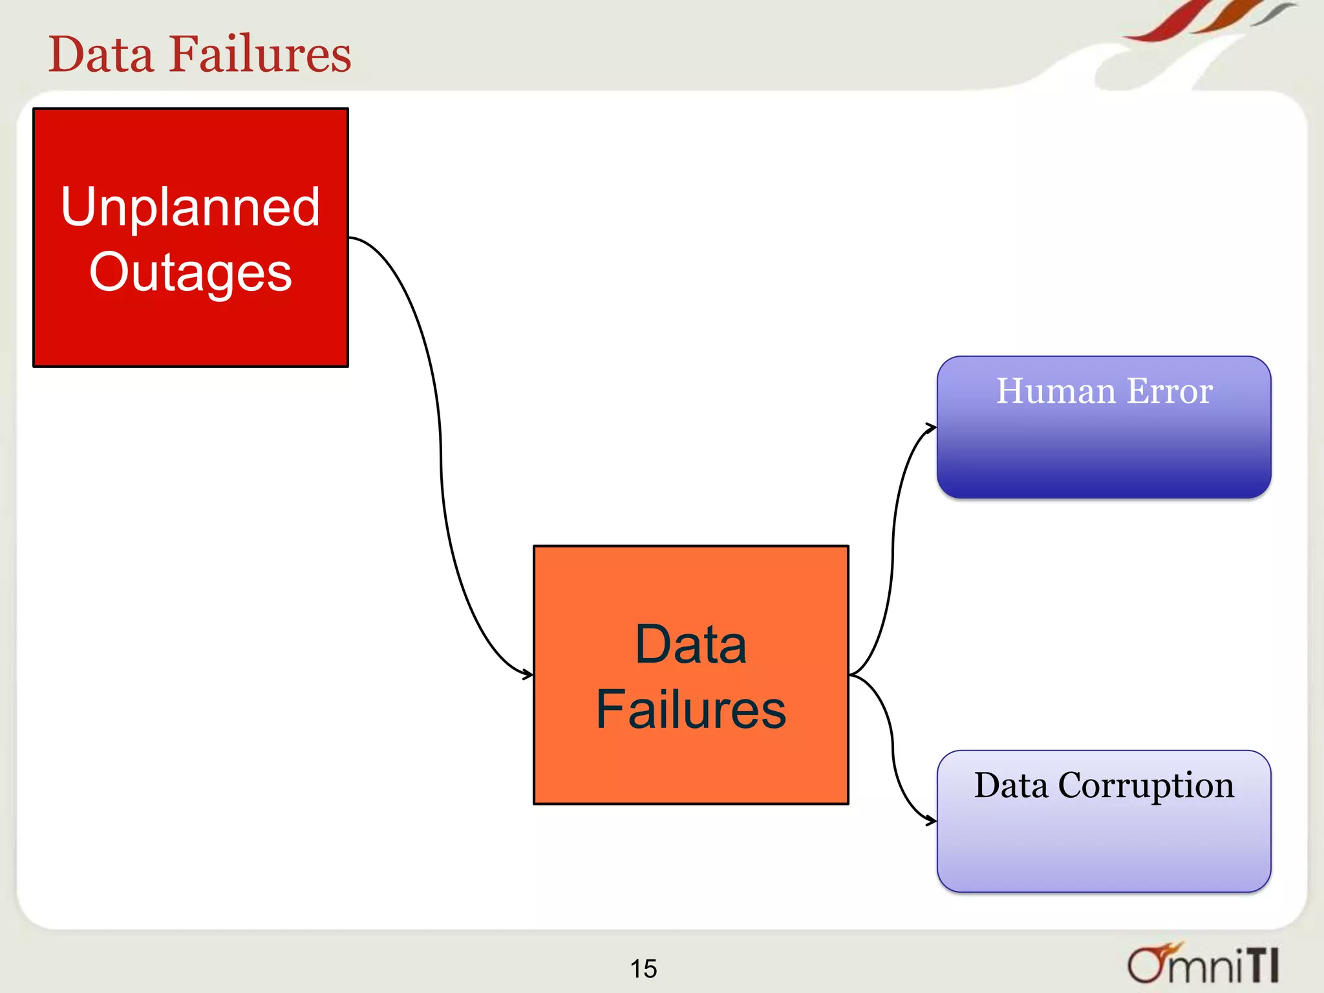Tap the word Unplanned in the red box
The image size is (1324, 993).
190,207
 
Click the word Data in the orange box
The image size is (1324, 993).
690,645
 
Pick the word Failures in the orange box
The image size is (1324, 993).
690,710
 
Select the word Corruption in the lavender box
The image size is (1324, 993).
1146,786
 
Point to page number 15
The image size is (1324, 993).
643,968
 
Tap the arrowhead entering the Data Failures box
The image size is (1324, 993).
528,674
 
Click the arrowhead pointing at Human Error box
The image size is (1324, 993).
932,427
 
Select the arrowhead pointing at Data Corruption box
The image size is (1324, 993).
932,821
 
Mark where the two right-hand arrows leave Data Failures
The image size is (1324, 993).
852,674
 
